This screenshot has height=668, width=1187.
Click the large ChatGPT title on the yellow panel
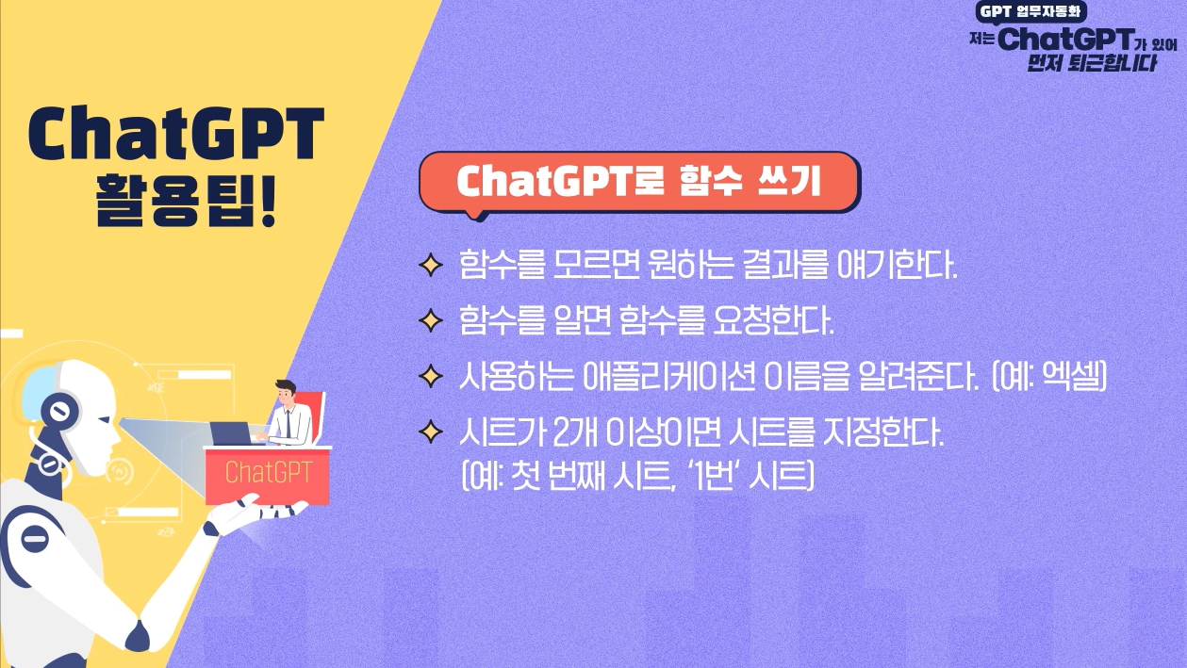click(176, 134)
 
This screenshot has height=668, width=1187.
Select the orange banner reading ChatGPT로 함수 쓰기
click(639, 182)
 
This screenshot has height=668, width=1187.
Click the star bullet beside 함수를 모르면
click(431, 265)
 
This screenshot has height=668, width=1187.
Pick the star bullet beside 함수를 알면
click(431, 321)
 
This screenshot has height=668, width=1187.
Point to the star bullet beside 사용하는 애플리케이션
click(431, 377)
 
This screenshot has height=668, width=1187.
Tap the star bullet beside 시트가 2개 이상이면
click(431, 432)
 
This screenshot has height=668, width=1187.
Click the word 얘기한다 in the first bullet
click(897, 264)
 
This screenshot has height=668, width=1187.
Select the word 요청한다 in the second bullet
click(774, 320)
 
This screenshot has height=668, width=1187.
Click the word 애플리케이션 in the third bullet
click(668, 376)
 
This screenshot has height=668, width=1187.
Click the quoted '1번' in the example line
click(714, 476)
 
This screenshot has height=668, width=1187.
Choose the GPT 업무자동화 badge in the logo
click(1030, 11)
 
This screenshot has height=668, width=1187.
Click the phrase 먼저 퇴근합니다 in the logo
click(1092, 63)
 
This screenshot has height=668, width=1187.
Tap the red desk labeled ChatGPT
click(268, 475)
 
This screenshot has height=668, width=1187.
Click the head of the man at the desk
click(287, 392)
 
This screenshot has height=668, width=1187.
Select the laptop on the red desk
click(232, 433)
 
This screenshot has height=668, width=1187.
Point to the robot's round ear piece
click(60, 410)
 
